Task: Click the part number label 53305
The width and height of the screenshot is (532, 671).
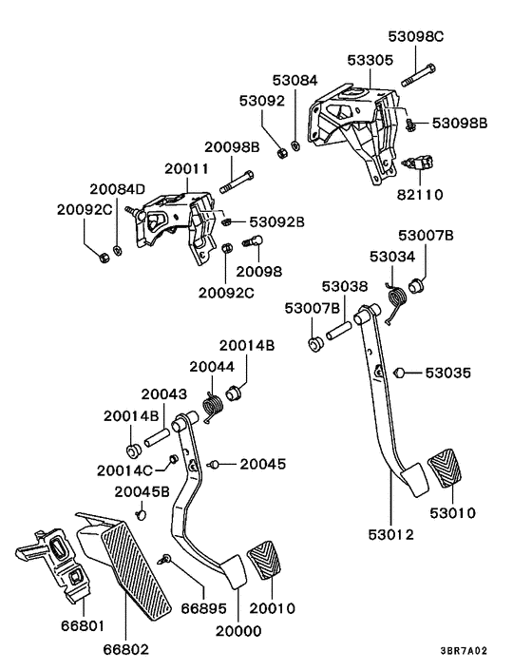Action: pyautogui.click(x=344, y=60)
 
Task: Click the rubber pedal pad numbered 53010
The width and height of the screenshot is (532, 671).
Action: pyautogui.click(x=449, y=476)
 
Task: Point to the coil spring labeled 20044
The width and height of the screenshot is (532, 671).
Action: pyautogui.click(x=214, y=404)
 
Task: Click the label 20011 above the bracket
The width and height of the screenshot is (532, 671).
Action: pyautogui.click(x=185, y=168)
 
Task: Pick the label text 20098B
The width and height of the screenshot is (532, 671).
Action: pyautogui.click(x=230, y=147)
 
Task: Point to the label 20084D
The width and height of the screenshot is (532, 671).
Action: pyautogui.click(x=118, y=189)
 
